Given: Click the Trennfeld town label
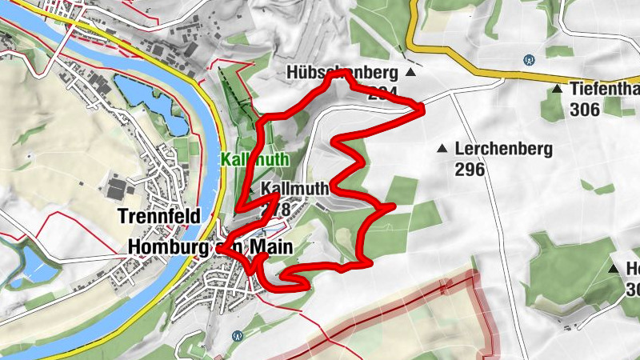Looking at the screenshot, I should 158,216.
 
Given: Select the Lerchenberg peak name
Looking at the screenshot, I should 492,149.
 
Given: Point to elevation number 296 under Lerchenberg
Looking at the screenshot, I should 470,170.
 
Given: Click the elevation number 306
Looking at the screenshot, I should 586,110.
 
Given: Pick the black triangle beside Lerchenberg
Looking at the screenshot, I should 441,148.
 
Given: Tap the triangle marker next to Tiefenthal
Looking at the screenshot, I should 557,89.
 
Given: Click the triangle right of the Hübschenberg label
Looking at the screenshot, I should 410,73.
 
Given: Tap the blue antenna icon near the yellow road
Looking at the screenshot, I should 527,59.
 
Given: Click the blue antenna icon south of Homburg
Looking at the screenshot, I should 235,335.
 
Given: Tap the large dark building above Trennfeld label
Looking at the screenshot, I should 117,190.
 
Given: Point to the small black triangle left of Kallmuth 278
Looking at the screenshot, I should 250,190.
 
